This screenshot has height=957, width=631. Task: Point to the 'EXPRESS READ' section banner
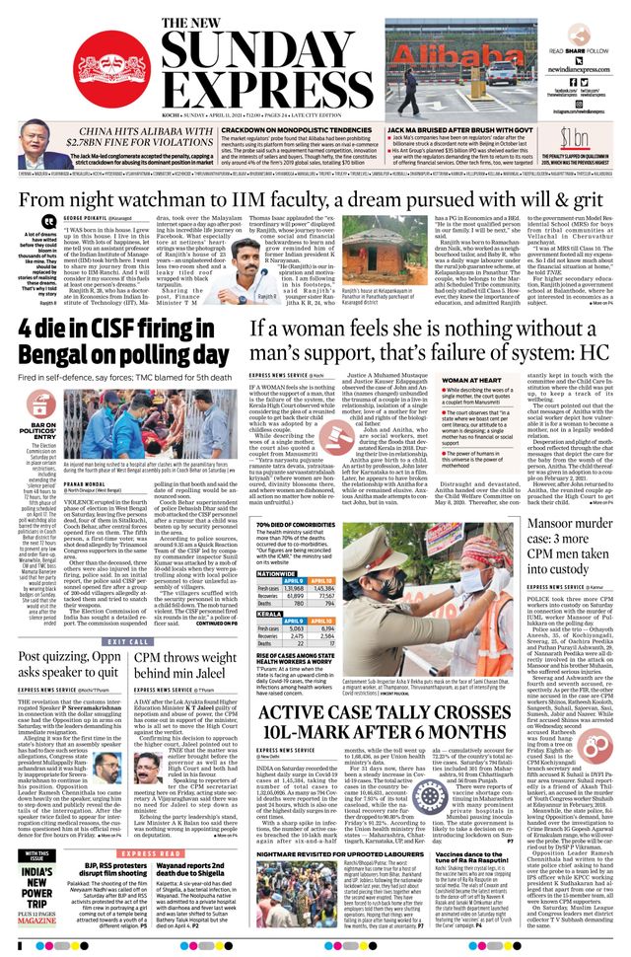point(152,853)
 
